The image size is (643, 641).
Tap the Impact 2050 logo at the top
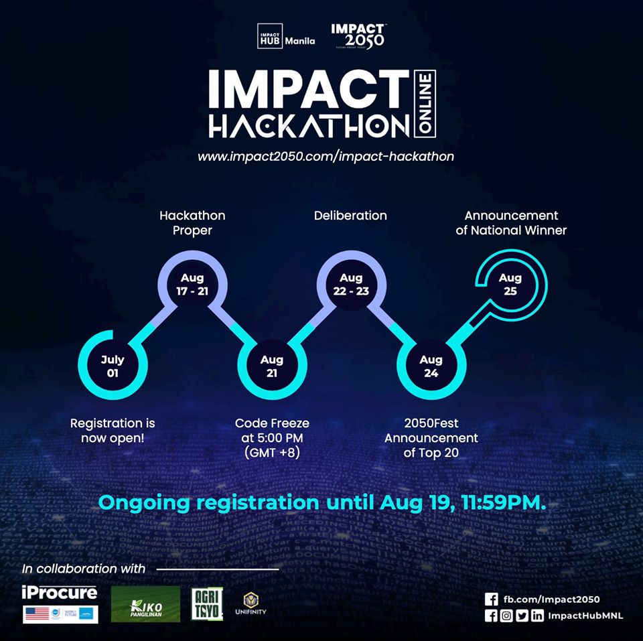click(358, 36)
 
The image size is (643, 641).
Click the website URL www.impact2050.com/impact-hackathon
click(326, 156)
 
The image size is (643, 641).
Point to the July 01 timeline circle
click(113, 366)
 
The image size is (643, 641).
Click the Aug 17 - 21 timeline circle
click(192, 283)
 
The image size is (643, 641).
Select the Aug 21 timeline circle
click(272, 366)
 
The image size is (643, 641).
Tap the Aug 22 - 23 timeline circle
click(351, 283)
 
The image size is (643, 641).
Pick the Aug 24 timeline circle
click(431, 366)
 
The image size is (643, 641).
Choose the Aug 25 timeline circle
click(510, 283)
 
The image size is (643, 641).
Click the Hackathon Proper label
click(192, 223)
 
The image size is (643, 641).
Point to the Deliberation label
click(350, 216)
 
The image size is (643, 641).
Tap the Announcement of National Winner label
click(511, 223)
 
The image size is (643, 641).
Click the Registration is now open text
click(113, 430)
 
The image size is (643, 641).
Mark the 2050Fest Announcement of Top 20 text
click(431, 437)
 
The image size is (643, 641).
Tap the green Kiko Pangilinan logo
click(145, 604)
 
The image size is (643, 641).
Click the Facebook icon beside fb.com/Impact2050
click(490, 599)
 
